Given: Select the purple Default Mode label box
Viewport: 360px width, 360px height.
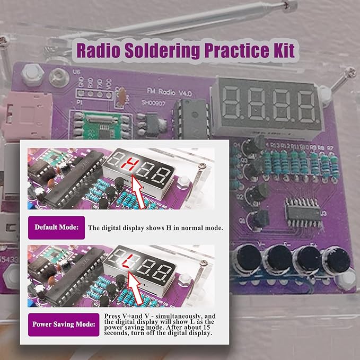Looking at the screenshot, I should point(56,227).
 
